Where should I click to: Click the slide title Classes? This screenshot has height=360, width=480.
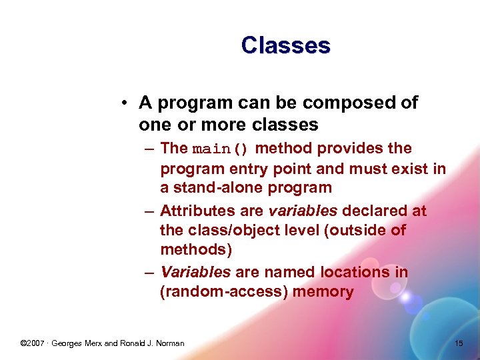point(285,45)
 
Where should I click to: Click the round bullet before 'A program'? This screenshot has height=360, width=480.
point(125,103)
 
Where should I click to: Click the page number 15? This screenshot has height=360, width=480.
point(458,343)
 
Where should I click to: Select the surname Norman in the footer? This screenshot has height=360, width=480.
point(169,343)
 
